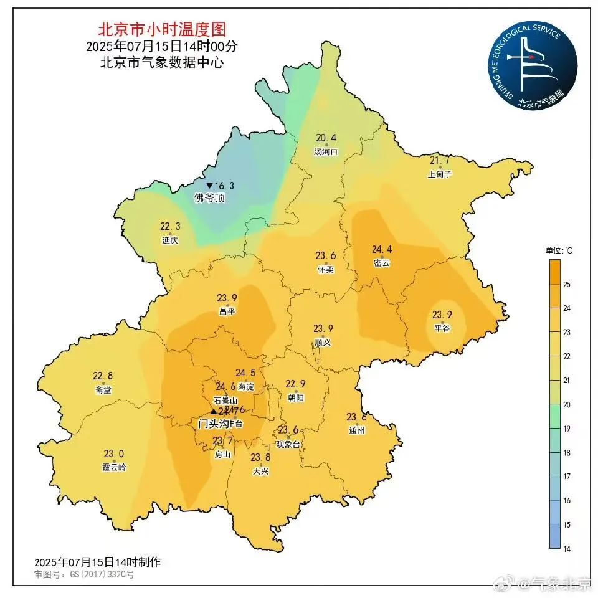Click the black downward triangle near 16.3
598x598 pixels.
point(210,186)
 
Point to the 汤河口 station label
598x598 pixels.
point(326,151)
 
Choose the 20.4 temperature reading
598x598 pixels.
point(326,138)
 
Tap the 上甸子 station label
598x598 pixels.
point(440,174)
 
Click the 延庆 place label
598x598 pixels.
point(170,240)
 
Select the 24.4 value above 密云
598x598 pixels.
point(382,249)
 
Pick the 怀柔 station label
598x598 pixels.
point(326,269)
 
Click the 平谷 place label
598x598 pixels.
point(442,328)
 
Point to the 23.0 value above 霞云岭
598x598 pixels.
point(114,453)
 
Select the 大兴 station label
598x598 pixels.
point(260,472)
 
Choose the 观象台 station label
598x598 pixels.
point(288,444)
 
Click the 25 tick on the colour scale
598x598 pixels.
point(566,284)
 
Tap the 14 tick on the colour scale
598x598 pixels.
point(566,549)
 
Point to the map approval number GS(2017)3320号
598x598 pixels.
point(84,574)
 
